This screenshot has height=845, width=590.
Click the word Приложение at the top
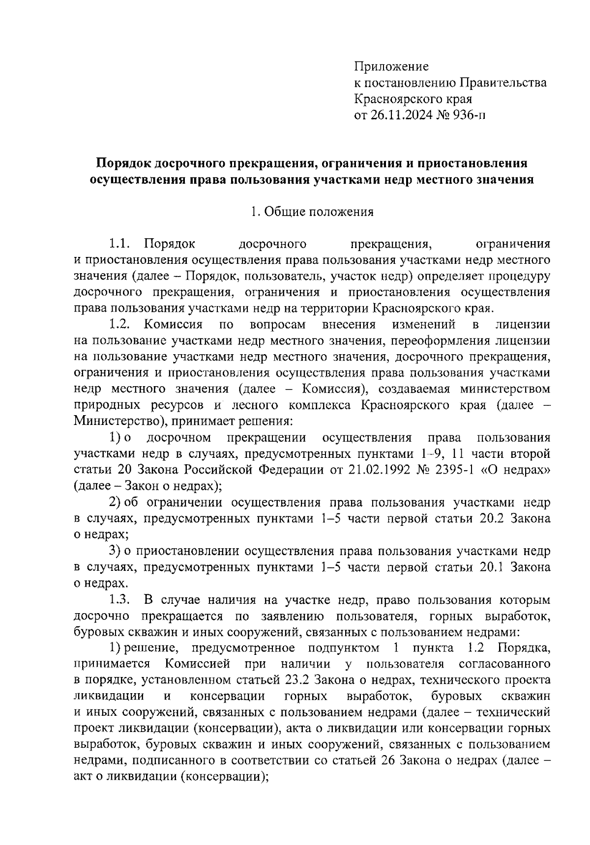coord(391,66)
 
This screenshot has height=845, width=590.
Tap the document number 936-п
coord(469,115)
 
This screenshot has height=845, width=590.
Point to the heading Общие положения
coord(319,212)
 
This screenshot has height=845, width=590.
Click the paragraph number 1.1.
coord(118,244)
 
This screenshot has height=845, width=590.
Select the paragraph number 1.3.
coord(119,600)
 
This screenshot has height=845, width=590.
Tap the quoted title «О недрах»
coord(530,469)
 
